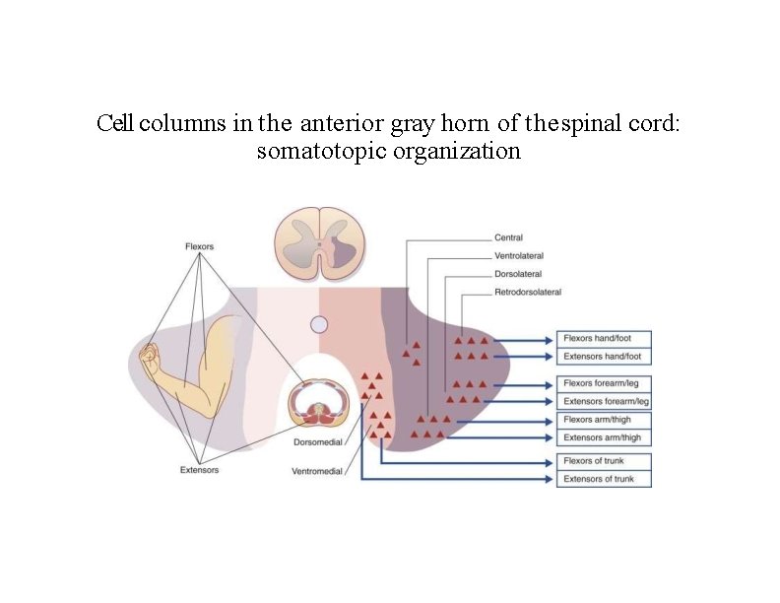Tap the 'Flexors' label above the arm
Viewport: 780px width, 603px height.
[199, 246]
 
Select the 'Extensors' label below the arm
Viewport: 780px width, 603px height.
[200, 470]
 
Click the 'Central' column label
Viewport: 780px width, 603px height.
[508, 237]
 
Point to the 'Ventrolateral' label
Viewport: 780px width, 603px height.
[518, 256]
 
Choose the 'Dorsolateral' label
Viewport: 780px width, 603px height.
[517, 274]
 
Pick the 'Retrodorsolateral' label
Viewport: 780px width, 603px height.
[527, 292]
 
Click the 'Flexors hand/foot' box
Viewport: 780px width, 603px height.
[604, 338]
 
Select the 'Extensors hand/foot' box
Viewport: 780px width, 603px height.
[604, 356]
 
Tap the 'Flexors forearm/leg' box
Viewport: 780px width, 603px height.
[604, 382]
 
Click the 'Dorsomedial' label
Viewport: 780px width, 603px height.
[318, 442]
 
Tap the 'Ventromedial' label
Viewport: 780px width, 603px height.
[317, 471]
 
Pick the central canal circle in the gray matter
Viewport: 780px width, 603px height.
[319, 324]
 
